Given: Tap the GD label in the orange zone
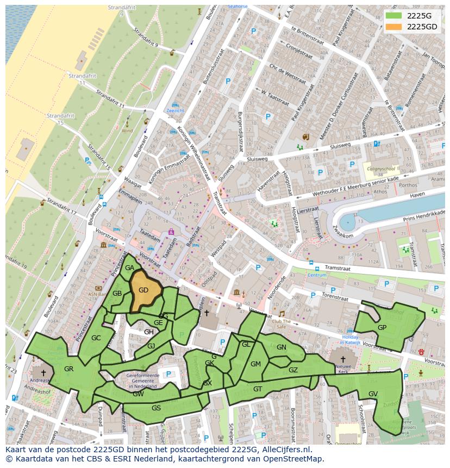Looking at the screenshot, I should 143,290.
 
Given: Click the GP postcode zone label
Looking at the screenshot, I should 382,328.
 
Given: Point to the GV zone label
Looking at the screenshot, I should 373,394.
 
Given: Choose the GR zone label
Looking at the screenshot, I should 68,369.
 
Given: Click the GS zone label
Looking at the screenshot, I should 156,408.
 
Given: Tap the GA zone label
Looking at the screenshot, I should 129,268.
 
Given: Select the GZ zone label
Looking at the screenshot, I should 293,370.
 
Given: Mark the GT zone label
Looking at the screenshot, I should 258,389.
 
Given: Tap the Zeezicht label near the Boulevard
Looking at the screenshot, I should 176,110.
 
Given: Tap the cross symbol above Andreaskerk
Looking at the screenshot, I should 43,373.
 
